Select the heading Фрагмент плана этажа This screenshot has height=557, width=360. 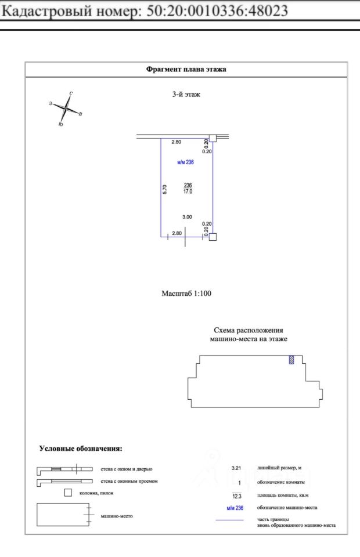[186, 69]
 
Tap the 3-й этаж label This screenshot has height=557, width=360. [186, 94]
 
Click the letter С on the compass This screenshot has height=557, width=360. [71, 93]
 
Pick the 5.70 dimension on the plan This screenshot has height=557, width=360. [165, 189]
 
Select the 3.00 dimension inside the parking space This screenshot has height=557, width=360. [187, 216]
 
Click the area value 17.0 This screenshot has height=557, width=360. [187, 191]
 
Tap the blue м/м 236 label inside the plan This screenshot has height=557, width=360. [185, 162]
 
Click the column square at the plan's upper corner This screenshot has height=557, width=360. [213, 138]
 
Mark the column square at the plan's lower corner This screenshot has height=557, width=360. [213, 237]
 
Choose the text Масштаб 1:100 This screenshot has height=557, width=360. [186, 294]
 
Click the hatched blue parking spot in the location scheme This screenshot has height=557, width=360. [291, 360]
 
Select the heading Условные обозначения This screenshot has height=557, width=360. [80, 449]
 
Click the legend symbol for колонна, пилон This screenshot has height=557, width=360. [67, 493]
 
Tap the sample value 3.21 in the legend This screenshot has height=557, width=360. [236, 468]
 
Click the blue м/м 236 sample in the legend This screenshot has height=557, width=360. [235, 508]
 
